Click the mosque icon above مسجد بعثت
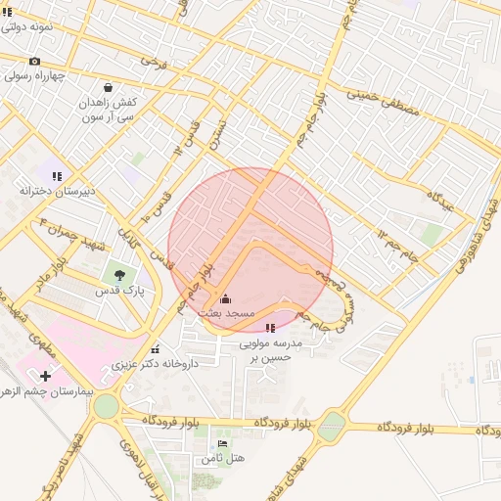coord(226,299)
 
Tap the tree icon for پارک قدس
coord(120,276)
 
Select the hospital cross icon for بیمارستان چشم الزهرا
coord(45,376)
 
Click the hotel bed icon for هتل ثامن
coord(222,443)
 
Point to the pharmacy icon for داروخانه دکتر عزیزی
coord(155,348)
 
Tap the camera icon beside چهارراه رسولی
coord(35,61)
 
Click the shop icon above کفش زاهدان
coord(107,86)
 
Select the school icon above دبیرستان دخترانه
coord(57,176)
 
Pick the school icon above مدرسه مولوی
coord(271,328)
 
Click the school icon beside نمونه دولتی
coord(9,13)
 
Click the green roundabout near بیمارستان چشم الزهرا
coord(105,405)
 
